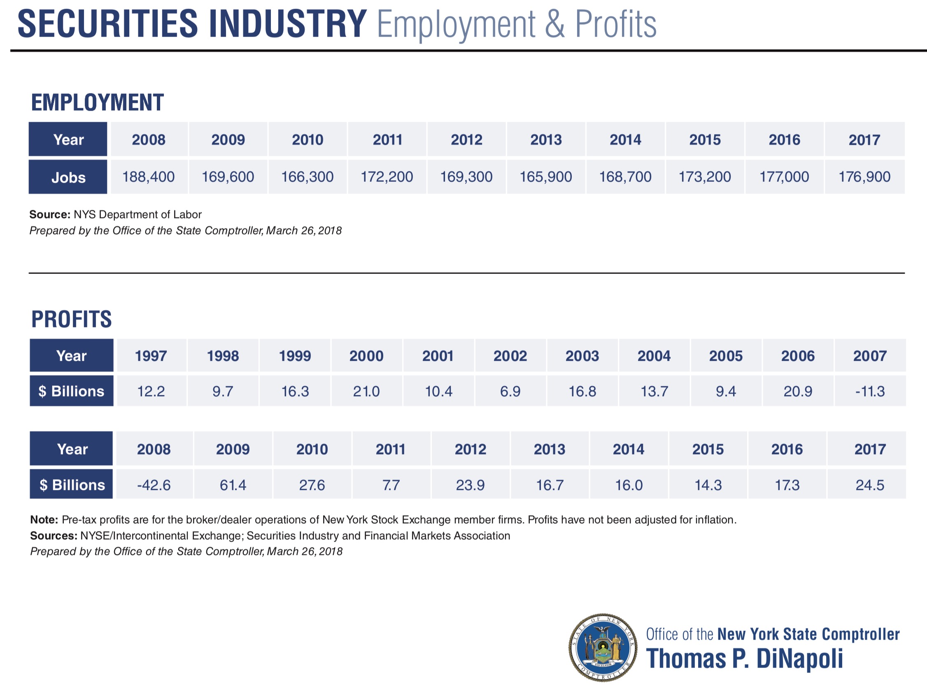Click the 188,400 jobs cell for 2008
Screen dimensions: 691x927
tap(148, 177)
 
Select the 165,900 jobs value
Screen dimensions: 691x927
tap(545, 177)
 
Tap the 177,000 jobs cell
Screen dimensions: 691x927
tap(784, 177)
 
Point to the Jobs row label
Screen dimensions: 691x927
tap(68, 177)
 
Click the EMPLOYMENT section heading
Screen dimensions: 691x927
tap(98, 102)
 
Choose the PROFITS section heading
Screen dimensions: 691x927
tap(72, 319)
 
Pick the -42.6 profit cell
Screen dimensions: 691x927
tap(154, 485)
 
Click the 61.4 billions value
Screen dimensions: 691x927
tap(233, 485)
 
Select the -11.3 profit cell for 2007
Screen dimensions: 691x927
tap(870, 391)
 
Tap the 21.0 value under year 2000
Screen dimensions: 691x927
tap(366, 391)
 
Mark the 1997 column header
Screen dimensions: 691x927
tap(151, 356)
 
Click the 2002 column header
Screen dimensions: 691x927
tap(510, 356)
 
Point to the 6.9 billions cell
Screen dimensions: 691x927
tap(510, 391)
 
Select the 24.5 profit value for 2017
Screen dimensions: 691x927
tap(870, 485)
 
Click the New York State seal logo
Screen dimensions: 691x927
tap(603, 647)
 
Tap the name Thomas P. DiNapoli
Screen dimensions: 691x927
tap(745, 659)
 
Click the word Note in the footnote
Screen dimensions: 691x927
tap(44, 520)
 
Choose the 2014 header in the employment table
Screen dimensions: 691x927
tap(625, 140)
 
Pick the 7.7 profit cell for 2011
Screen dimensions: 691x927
tap(391, 485)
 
